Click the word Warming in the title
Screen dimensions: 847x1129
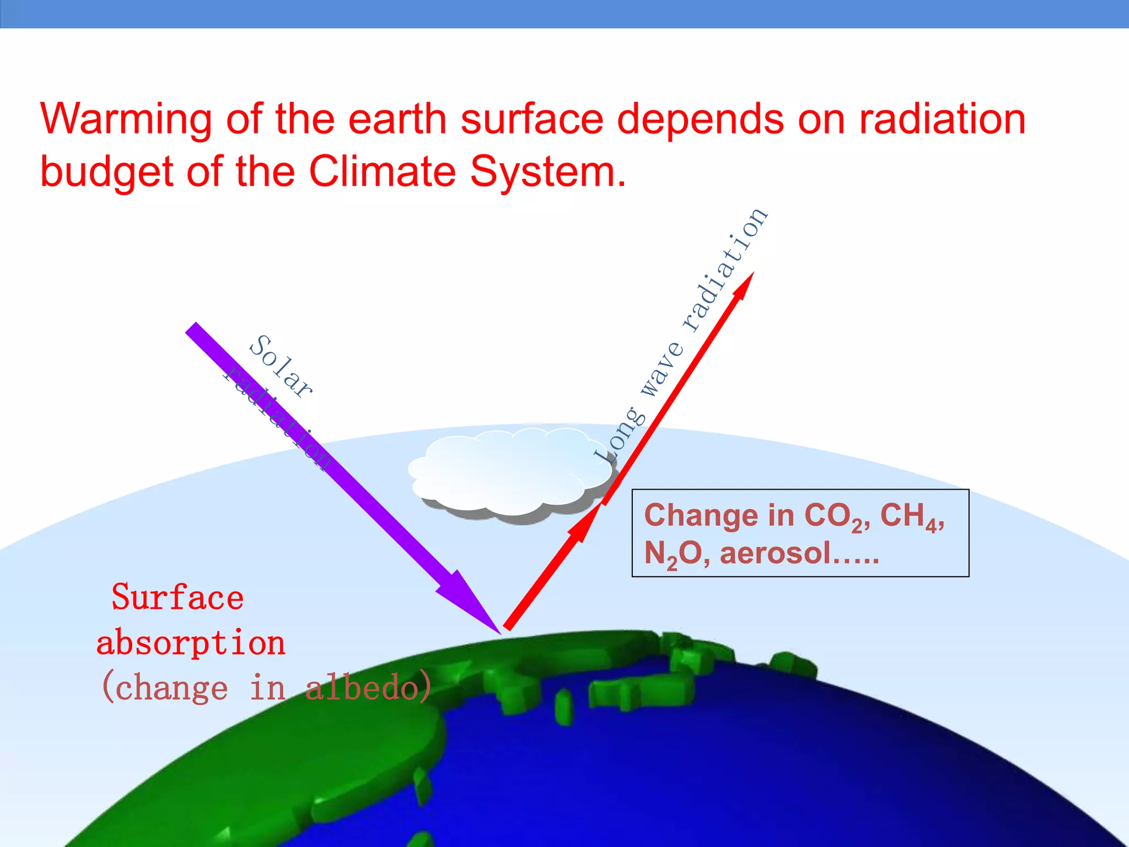pyautogui.click(x=126, y=120)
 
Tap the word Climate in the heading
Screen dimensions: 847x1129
pyautogui.click(x=382, y=171)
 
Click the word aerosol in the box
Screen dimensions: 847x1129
pyautogui.click(x=775, y=553)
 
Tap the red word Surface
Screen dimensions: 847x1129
pyautogui.click(x=178, y=597)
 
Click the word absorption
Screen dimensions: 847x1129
pyautogui.click(x=191, y=644)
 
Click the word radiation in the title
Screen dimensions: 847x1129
pyautogui.click(x=943, y=120)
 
